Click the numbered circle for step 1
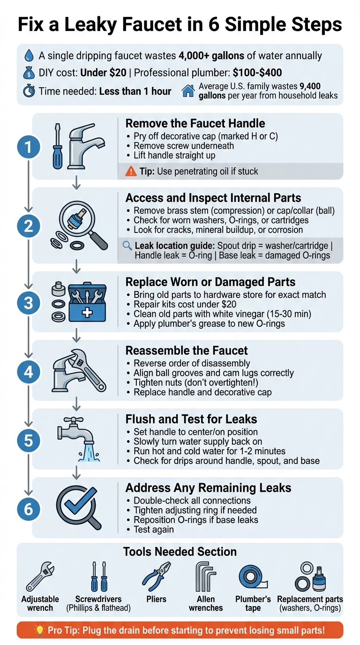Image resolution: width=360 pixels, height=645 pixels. pyautogui.click(x=29, y=148)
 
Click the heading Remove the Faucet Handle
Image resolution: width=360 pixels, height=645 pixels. pyautogui.click(x=195, y=124)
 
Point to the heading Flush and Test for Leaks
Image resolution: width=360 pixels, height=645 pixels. pyautogui.click(x=191, y=419)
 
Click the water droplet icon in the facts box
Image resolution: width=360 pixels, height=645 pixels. pyautogui.click(x=29, y=56)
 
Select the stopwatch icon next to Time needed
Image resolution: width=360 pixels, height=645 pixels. pyautogui.click(x=29, y=91)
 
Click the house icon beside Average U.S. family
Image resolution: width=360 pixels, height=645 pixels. pyautogui.click(x=188, y=91)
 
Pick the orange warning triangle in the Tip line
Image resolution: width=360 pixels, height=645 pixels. pyautogui.click(x=132, y=172)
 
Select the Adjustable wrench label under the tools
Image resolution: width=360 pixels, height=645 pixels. pyautogui.click(x=40, y=604)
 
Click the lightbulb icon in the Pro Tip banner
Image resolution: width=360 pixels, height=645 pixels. pyautogui.click(x=40, y=630)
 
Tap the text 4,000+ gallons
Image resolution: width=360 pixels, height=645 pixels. pyautogui.click(x=211, y=56)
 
